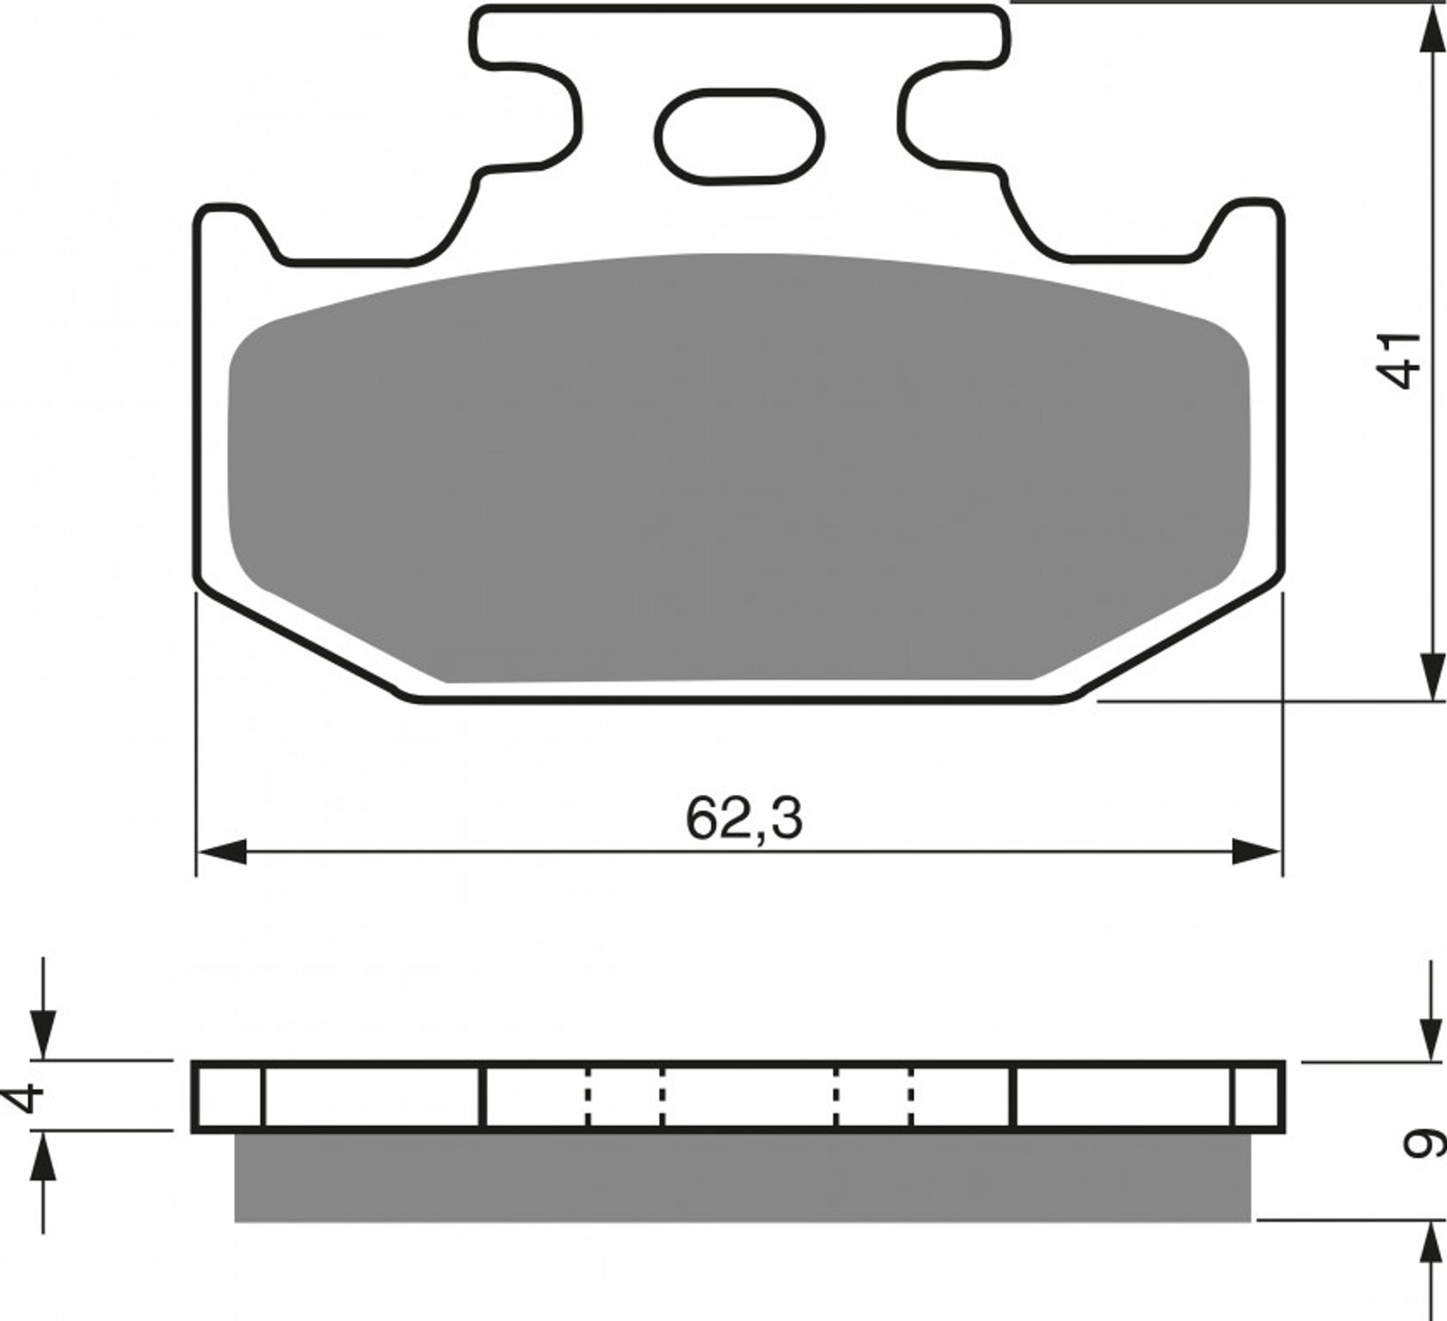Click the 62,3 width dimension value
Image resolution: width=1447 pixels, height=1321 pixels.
743,819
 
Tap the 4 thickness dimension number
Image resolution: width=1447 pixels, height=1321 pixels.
25,1098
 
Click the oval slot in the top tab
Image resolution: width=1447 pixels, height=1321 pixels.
739,137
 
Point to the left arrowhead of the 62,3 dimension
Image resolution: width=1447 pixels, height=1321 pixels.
222,851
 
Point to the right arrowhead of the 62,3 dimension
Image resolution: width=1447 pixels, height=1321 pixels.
1257,851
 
